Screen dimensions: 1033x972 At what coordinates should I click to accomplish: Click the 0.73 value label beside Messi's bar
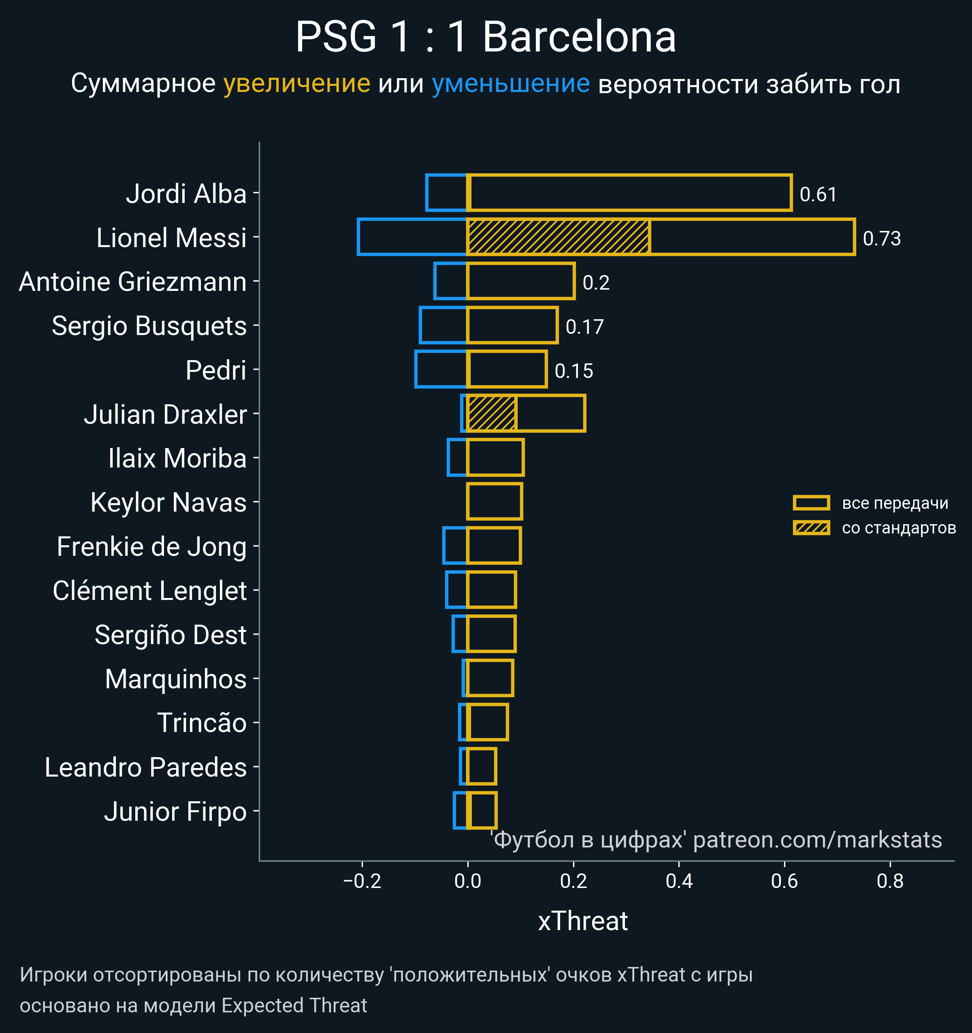tap(882, 239)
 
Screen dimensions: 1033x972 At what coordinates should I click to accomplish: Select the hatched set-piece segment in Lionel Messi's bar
tap(558, 237)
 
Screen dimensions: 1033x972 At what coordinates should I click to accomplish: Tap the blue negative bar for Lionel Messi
tap(412, 237)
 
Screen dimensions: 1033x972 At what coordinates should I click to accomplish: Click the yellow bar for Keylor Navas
tap(495, 502)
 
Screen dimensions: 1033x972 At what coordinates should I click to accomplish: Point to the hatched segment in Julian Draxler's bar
tap(491, 413)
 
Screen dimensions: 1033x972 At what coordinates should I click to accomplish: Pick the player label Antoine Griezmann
tap(132, 282)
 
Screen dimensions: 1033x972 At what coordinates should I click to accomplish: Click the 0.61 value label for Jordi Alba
tap(818, 194)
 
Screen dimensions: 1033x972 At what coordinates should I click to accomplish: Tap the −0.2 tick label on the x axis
tap(362, 881)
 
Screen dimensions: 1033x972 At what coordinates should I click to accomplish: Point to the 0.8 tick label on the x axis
tap(890, 881)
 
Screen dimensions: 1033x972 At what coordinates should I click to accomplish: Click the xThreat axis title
tap(583, 921)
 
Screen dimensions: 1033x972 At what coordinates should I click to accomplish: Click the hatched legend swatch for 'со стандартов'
tap(811, 528)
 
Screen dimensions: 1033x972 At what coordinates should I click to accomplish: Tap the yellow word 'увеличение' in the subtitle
tap(296, 84)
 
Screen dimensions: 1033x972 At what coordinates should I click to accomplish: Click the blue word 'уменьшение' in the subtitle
tap(511, 84)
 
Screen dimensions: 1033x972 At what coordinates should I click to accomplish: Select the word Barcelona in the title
tap(579, 37)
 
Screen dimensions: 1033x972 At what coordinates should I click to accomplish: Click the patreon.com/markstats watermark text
tap(817, 840)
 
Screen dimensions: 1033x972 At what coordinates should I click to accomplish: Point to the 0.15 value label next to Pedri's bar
tap(573, 371)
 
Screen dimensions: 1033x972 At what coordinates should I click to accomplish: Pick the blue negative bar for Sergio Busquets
tap(443, 325)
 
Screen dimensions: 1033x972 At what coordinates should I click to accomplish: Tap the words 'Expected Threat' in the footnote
tap(294, 1005)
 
